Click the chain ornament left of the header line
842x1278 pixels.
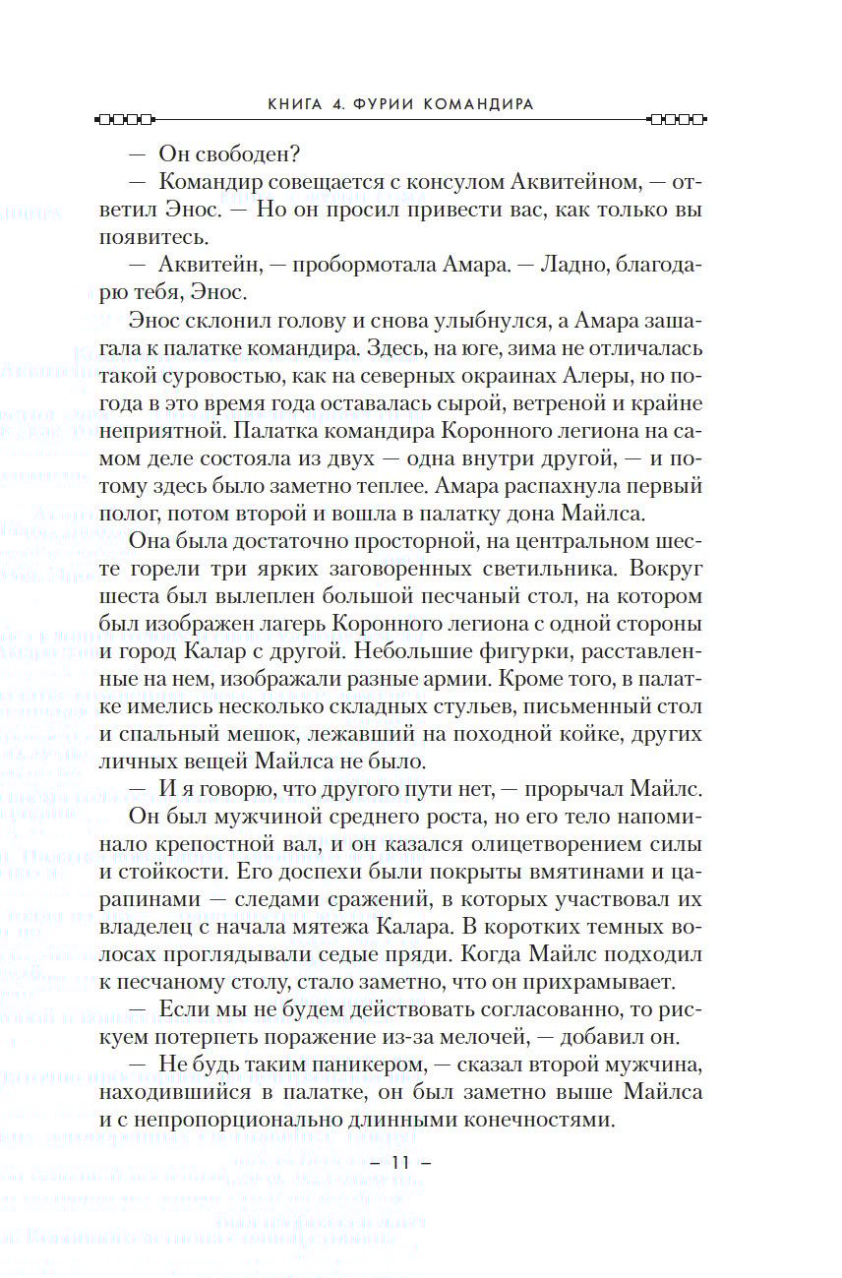point(124,121)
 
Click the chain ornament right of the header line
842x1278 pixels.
point(677,121)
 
